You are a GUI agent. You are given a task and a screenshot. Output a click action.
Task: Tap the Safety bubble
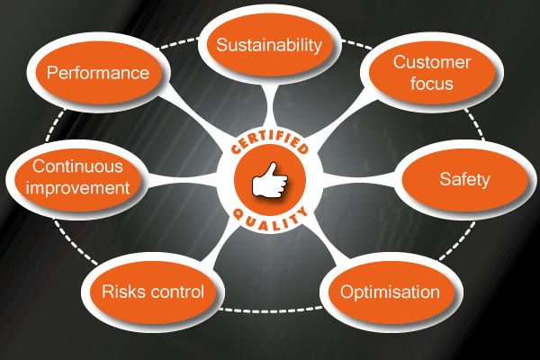coord(463,179)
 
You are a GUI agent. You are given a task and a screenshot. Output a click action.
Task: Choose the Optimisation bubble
coord(389,292)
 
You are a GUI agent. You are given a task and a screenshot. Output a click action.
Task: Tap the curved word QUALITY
coord(270,217)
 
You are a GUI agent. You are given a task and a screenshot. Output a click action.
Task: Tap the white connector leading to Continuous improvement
coord(184,179)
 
